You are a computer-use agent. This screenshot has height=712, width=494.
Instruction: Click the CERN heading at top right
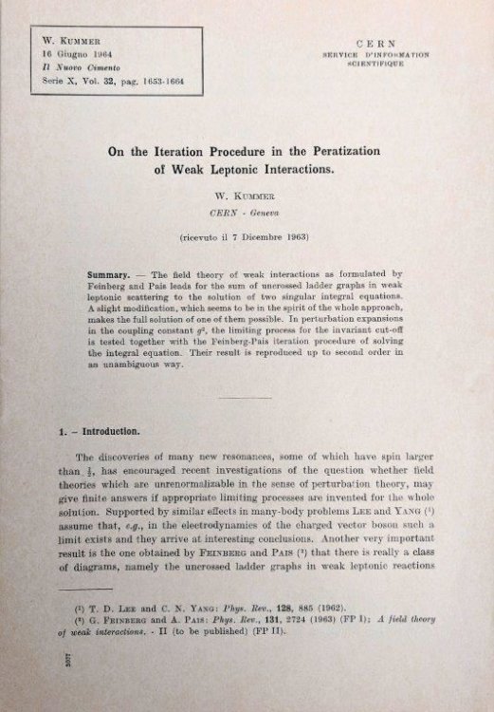pos(375,44)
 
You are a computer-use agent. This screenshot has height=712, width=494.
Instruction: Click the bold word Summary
pos(108,274)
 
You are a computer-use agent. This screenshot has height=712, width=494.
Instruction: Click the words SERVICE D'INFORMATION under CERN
pos(375,56)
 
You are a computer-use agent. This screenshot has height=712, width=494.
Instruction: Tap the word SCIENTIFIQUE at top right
pos(375,66)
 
